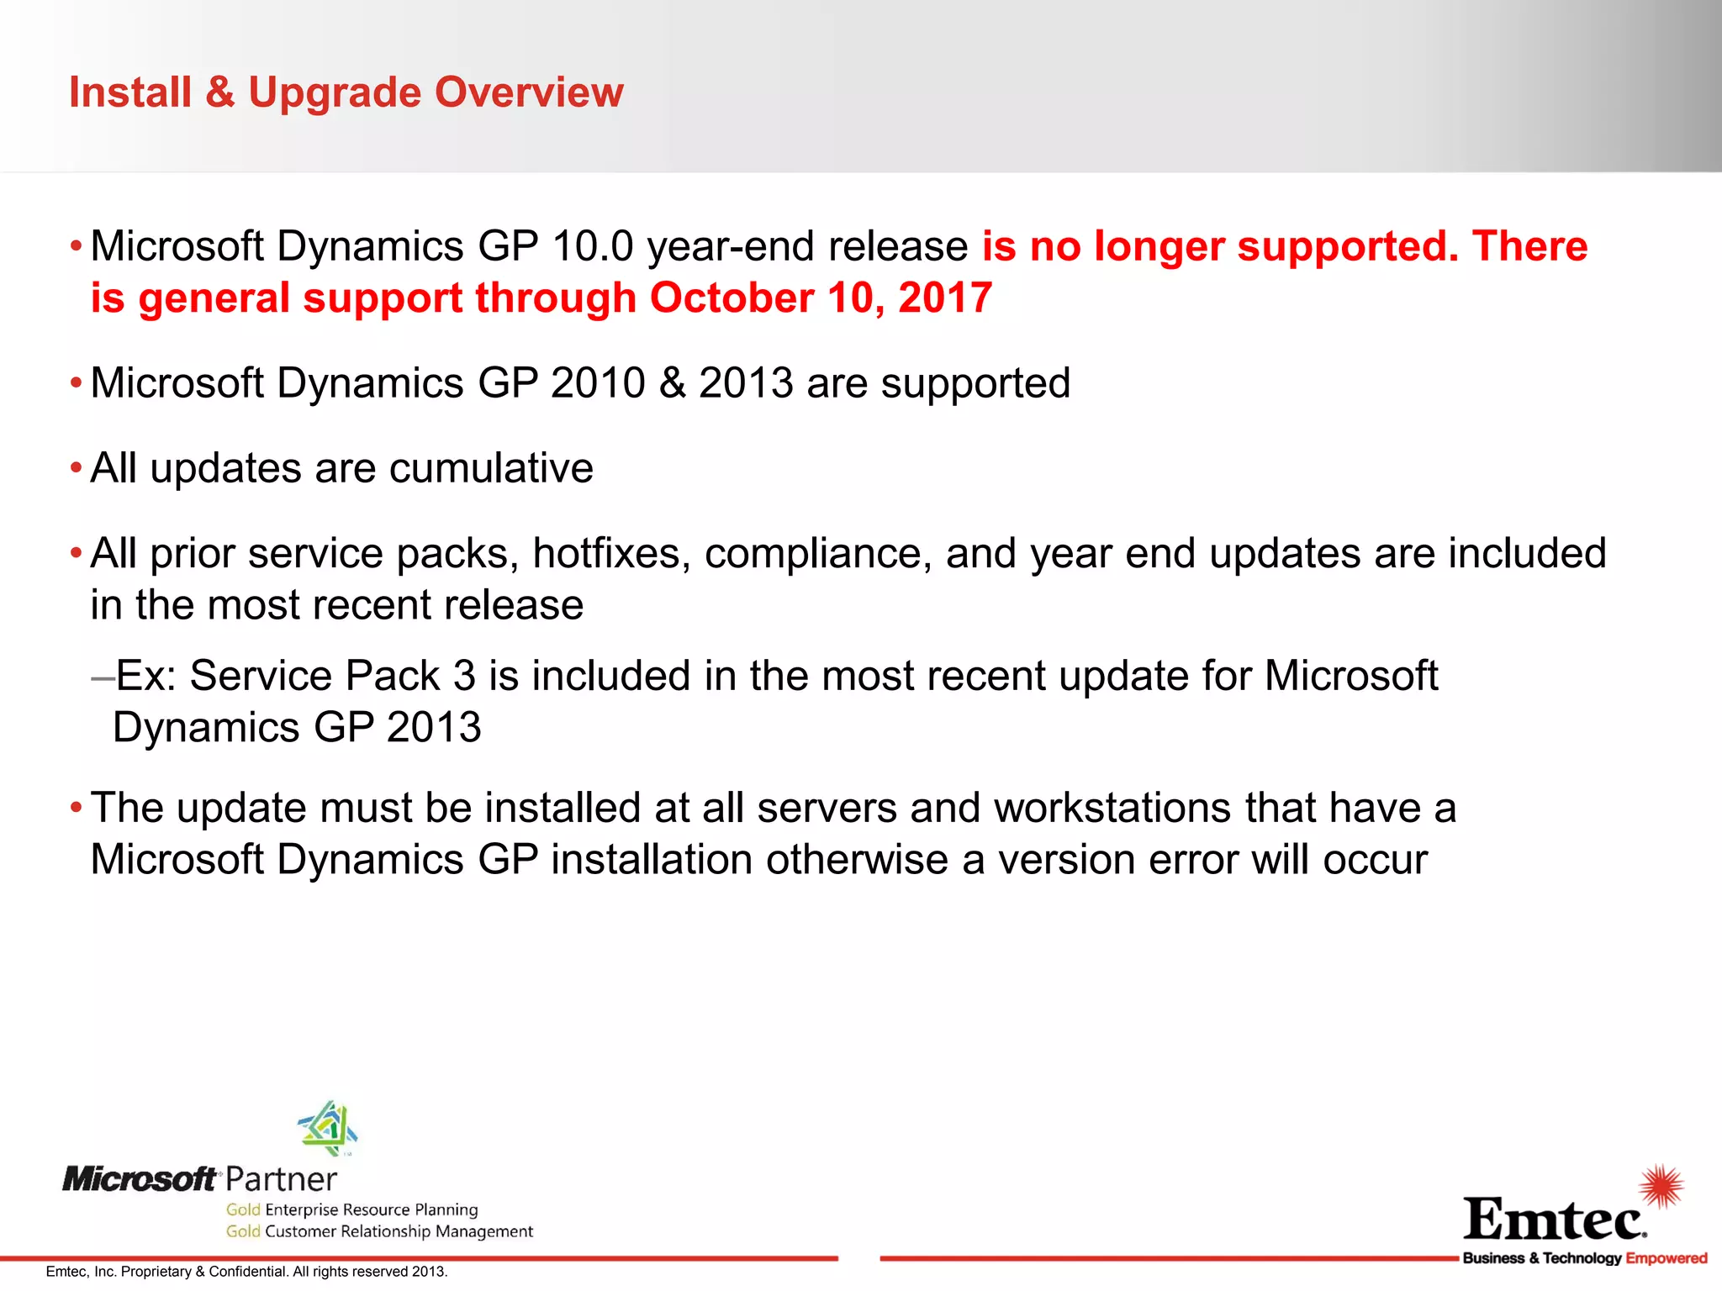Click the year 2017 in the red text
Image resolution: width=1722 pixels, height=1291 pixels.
pos(945,298)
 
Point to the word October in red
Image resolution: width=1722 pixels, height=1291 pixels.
pos(730,298)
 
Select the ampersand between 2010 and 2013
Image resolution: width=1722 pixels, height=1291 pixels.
pos(672,383)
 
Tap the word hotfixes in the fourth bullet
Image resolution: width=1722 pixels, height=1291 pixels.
pos(611,554)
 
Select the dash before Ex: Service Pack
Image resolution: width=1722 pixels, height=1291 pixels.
pos(103,677)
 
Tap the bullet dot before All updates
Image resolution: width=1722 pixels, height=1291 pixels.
pos(77,467)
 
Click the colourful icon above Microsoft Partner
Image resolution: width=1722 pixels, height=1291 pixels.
pos(328,1127)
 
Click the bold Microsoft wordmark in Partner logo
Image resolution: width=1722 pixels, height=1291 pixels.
pos(140,1180)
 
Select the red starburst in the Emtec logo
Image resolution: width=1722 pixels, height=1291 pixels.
pos(1661,1186)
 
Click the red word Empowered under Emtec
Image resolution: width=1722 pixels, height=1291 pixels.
pos(1666,1258)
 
